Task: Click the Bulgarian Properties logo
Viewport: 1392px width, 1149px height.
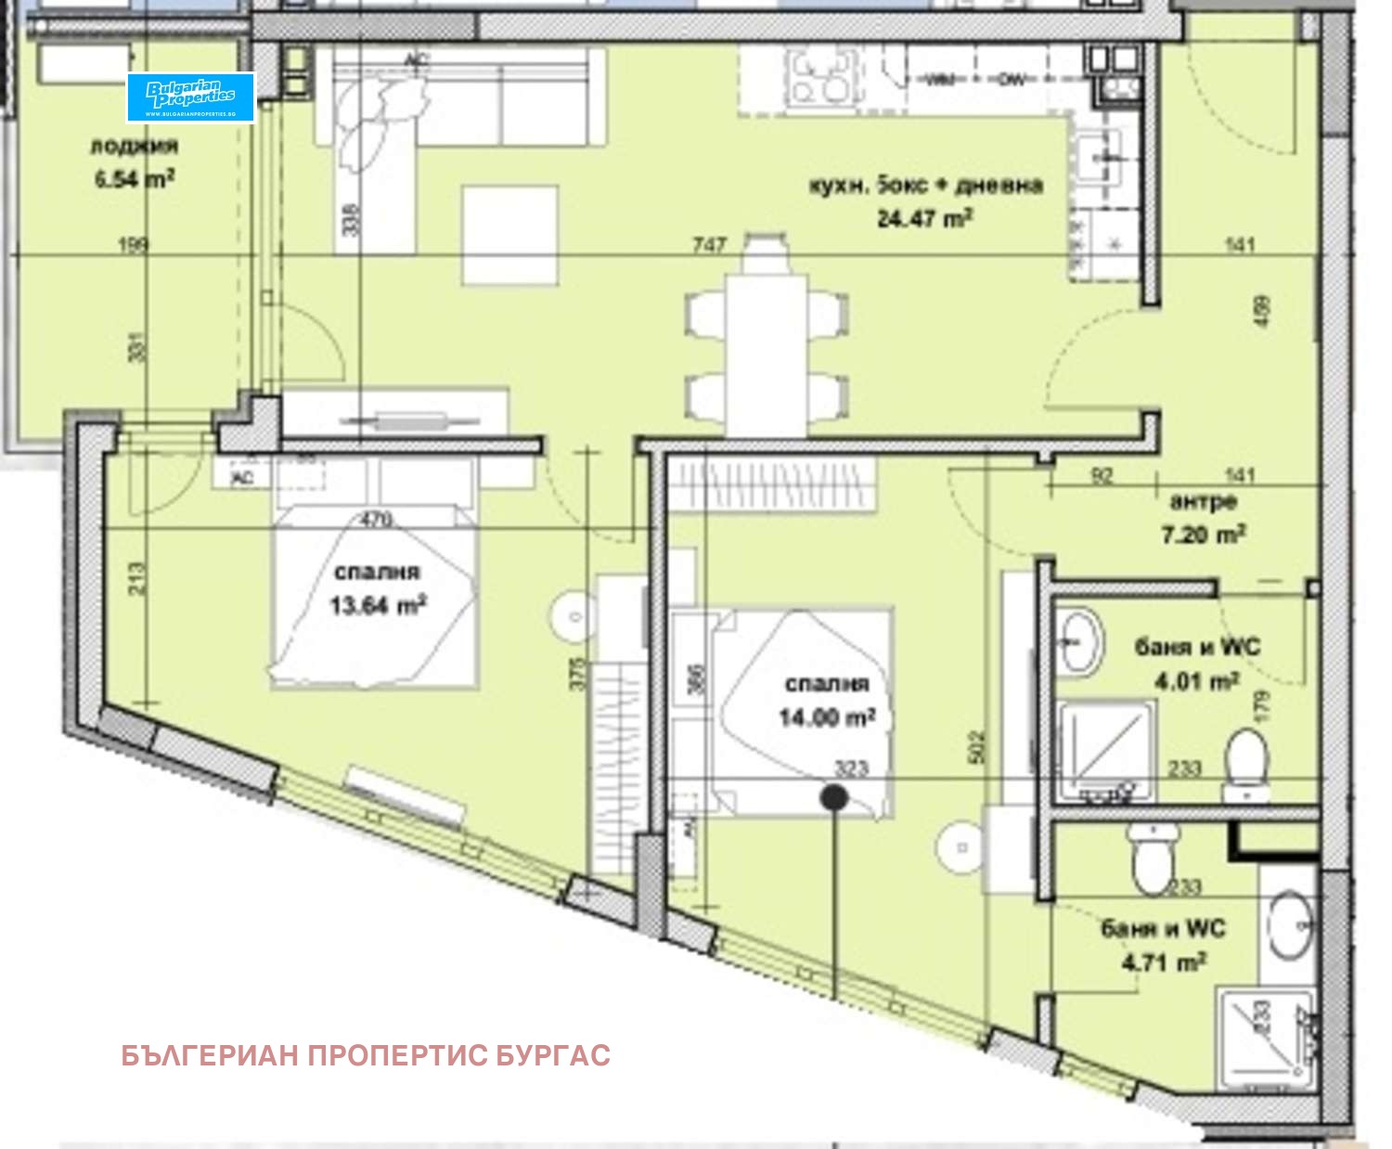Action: coord(190,97)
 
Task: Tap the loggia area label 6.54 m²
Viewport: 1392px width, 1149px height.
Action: coord(134,178)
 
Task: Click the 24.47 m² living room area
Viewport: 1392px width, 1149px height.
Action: coord(924,219)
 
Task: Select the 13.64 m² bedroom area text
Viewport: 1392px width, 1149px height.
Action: coord(378,605)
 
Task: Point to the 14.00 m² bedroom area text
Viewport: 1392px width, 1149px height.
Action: coord(826,717)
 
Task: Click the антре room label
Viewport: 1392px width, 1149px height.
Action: coord(1203,502)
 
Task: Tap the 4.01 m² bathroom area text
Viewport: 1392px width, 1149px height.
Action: coord(1196,681)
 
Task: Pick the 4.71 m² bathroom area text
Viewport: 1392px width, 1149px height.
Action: coord(1164,962)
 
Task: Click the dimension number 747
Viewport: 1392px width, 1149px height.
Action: coord(709,245)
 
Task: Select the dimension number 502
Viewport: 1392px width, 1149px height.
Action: coord(976,748)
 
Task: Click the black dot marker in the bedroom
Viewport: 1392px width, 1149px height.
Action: coord(834,796)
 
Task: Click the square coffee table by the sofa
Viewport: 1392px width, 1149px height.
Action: coord(510,235)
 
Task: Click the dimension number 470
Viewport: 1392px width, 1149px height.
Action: coord(376,520)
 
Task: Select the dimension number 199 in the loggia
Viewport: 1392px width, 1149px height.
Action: coord(134,246)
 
